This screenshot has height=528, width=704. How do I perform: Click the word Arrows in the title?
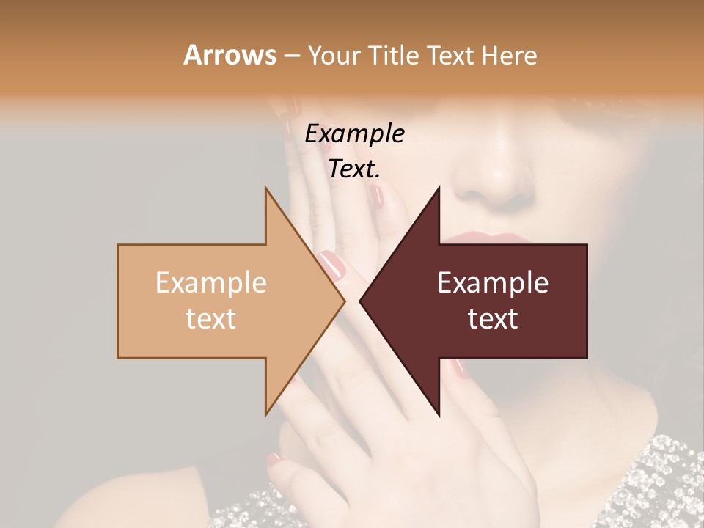click(x=230, y=55)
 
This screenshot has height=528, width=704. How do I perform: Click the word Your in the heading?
click(x=334, y=56)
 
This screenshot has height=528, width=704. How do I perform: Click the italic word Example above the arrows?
click(x=354, y=134)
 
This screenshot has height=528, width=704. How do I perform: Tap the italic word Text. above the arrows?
click(x=354, y=169)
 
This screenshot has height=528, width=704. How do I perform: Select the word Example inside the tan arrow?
click(x=211, y=283)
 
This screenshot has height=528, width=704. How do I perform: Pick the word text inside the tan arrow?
click(x=211, y=319)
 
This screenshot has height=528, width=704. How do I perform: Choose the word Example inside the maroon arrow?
click(x=493, y=283)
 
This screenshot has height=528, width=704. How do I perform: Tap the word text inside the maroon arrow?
click(x=493, y=319)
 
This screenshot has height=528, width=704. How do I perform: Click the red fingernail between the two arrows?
click(x=331, y=265)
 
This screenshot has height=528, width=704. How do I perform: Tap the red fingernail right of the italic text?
click(x=378, y=196)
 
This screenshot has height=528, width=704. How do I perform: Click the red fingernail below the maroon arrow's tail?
click(x=460, y=368)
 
